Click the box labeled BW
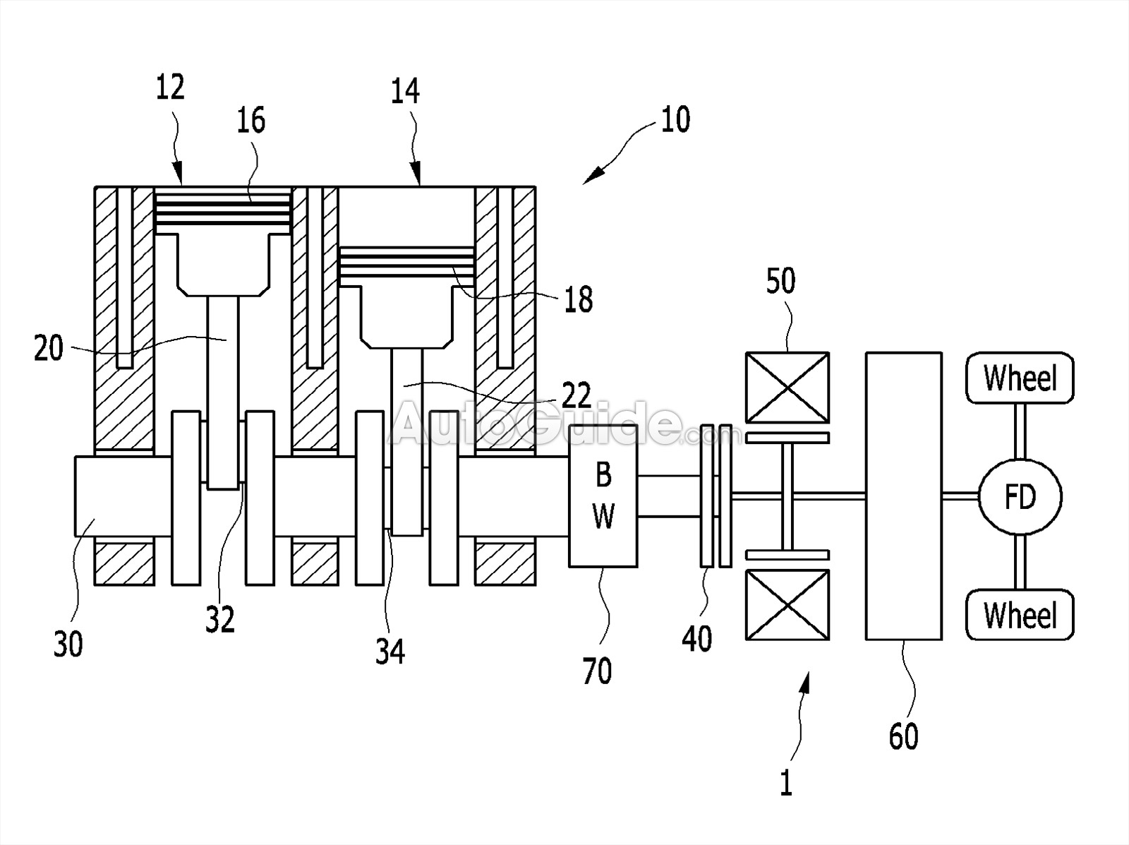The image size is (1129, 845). tap(603, 496)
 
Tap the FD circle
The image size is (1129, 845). tap(1020, 496)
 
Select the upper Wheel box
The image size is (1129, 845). tap(1020, 378)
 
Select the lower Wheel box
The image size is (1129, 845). tap(1020, 615)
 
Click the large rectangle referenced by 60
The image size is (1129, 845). tap(904, 496)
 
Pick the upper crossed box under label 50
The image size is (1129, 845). tap(787, 387)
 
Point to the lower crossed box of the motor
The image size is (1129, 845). tap(787, 605)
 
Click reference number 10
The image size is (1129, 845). tap(675, 119)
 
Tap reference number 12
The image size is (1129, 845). tap(170, 88)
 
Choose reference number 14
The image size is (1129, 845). tap(405, 91)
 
